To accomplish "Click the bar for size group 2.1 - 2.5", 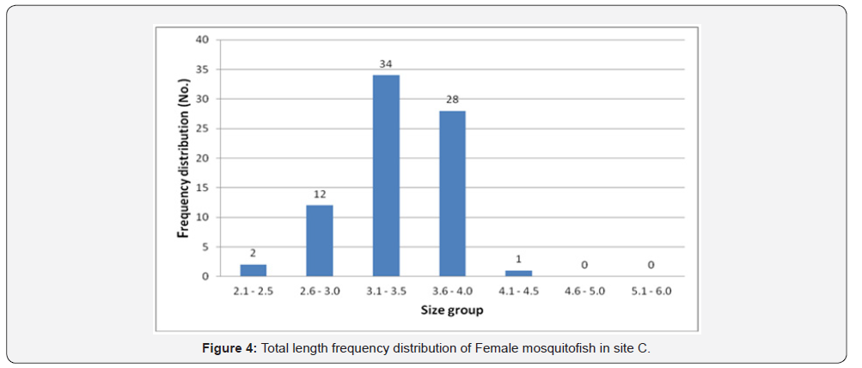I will coord(253,270).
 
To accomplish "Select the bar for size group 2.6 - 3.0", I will coord(320,241).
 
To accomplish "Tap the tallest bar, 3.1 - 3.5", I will coord(386,175).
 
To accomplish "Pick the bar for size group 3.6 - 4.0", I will coord(452,193).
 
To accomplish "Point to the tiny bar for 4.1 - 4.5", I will coord(518,273).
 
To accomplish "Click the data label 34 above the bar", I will coord(386,64).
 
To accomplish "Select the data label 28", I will coord(452,100).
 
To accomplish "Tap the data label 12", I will coord(320,194).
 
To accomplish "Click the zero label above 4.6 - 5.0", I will coord(584,265).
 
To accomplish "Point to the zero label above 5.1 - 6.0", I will coord(651,265).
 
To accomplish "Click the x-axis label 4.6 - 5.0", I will coord(584,291).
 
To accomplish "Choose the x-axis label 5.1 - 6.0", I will coord(651,291).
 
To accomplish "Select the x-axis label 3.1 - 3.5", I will coord(386,291).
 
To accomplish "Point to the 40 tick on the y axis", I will coord(203,40).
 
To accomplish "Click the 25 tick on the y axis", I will coord(203,128).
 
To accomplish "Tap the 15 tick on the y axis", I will coord(203,187).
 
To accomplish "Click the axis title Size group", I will coord(451,310).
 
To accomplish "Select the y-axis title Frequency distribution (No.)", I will coord(183,157).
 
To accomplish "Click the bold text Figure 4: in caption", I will coord(229,347).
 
